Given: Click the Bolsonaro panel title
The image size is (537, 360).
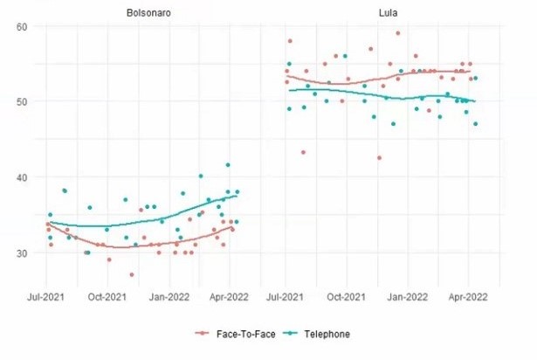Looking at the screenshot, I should [141, 12].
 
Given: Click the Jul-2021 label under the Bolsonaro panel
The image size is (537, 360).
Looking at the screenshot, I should [49, 296].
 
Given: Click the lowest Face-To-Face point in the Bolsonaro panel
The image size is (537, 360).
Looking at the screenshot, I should [132, 274].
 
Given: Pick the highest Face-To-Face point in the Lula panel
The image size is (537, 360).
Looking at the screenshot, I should [398, 33].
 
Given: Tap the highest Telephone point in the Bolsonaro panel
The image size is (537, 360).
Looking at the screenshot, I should [228, 164].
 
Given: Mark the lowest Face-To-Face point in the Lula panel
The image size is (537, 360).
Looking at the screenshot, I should [379, 157].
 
